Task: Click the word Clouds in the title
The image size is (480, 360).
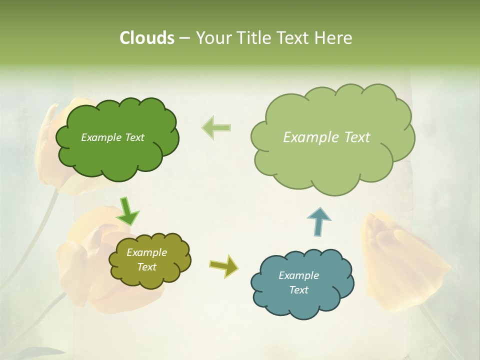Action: tap(147, 38)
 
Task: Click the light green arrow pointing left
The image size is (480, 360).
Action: tap(216, 127)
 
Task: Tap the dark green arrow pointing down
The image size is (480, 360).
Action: tap(127, 210)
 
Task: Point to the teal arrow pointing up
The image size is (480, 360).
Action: tap(318, 220)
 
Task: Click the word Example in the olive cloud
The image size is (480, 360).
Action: tap(146, 252)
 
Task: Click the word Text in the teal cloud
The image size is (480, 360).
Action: tap(298, 290)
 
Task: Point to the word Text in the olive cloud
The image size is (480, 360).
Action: tap(146, 267)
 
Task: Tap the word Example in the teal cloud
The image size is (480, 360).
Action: tap(298, 275)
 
